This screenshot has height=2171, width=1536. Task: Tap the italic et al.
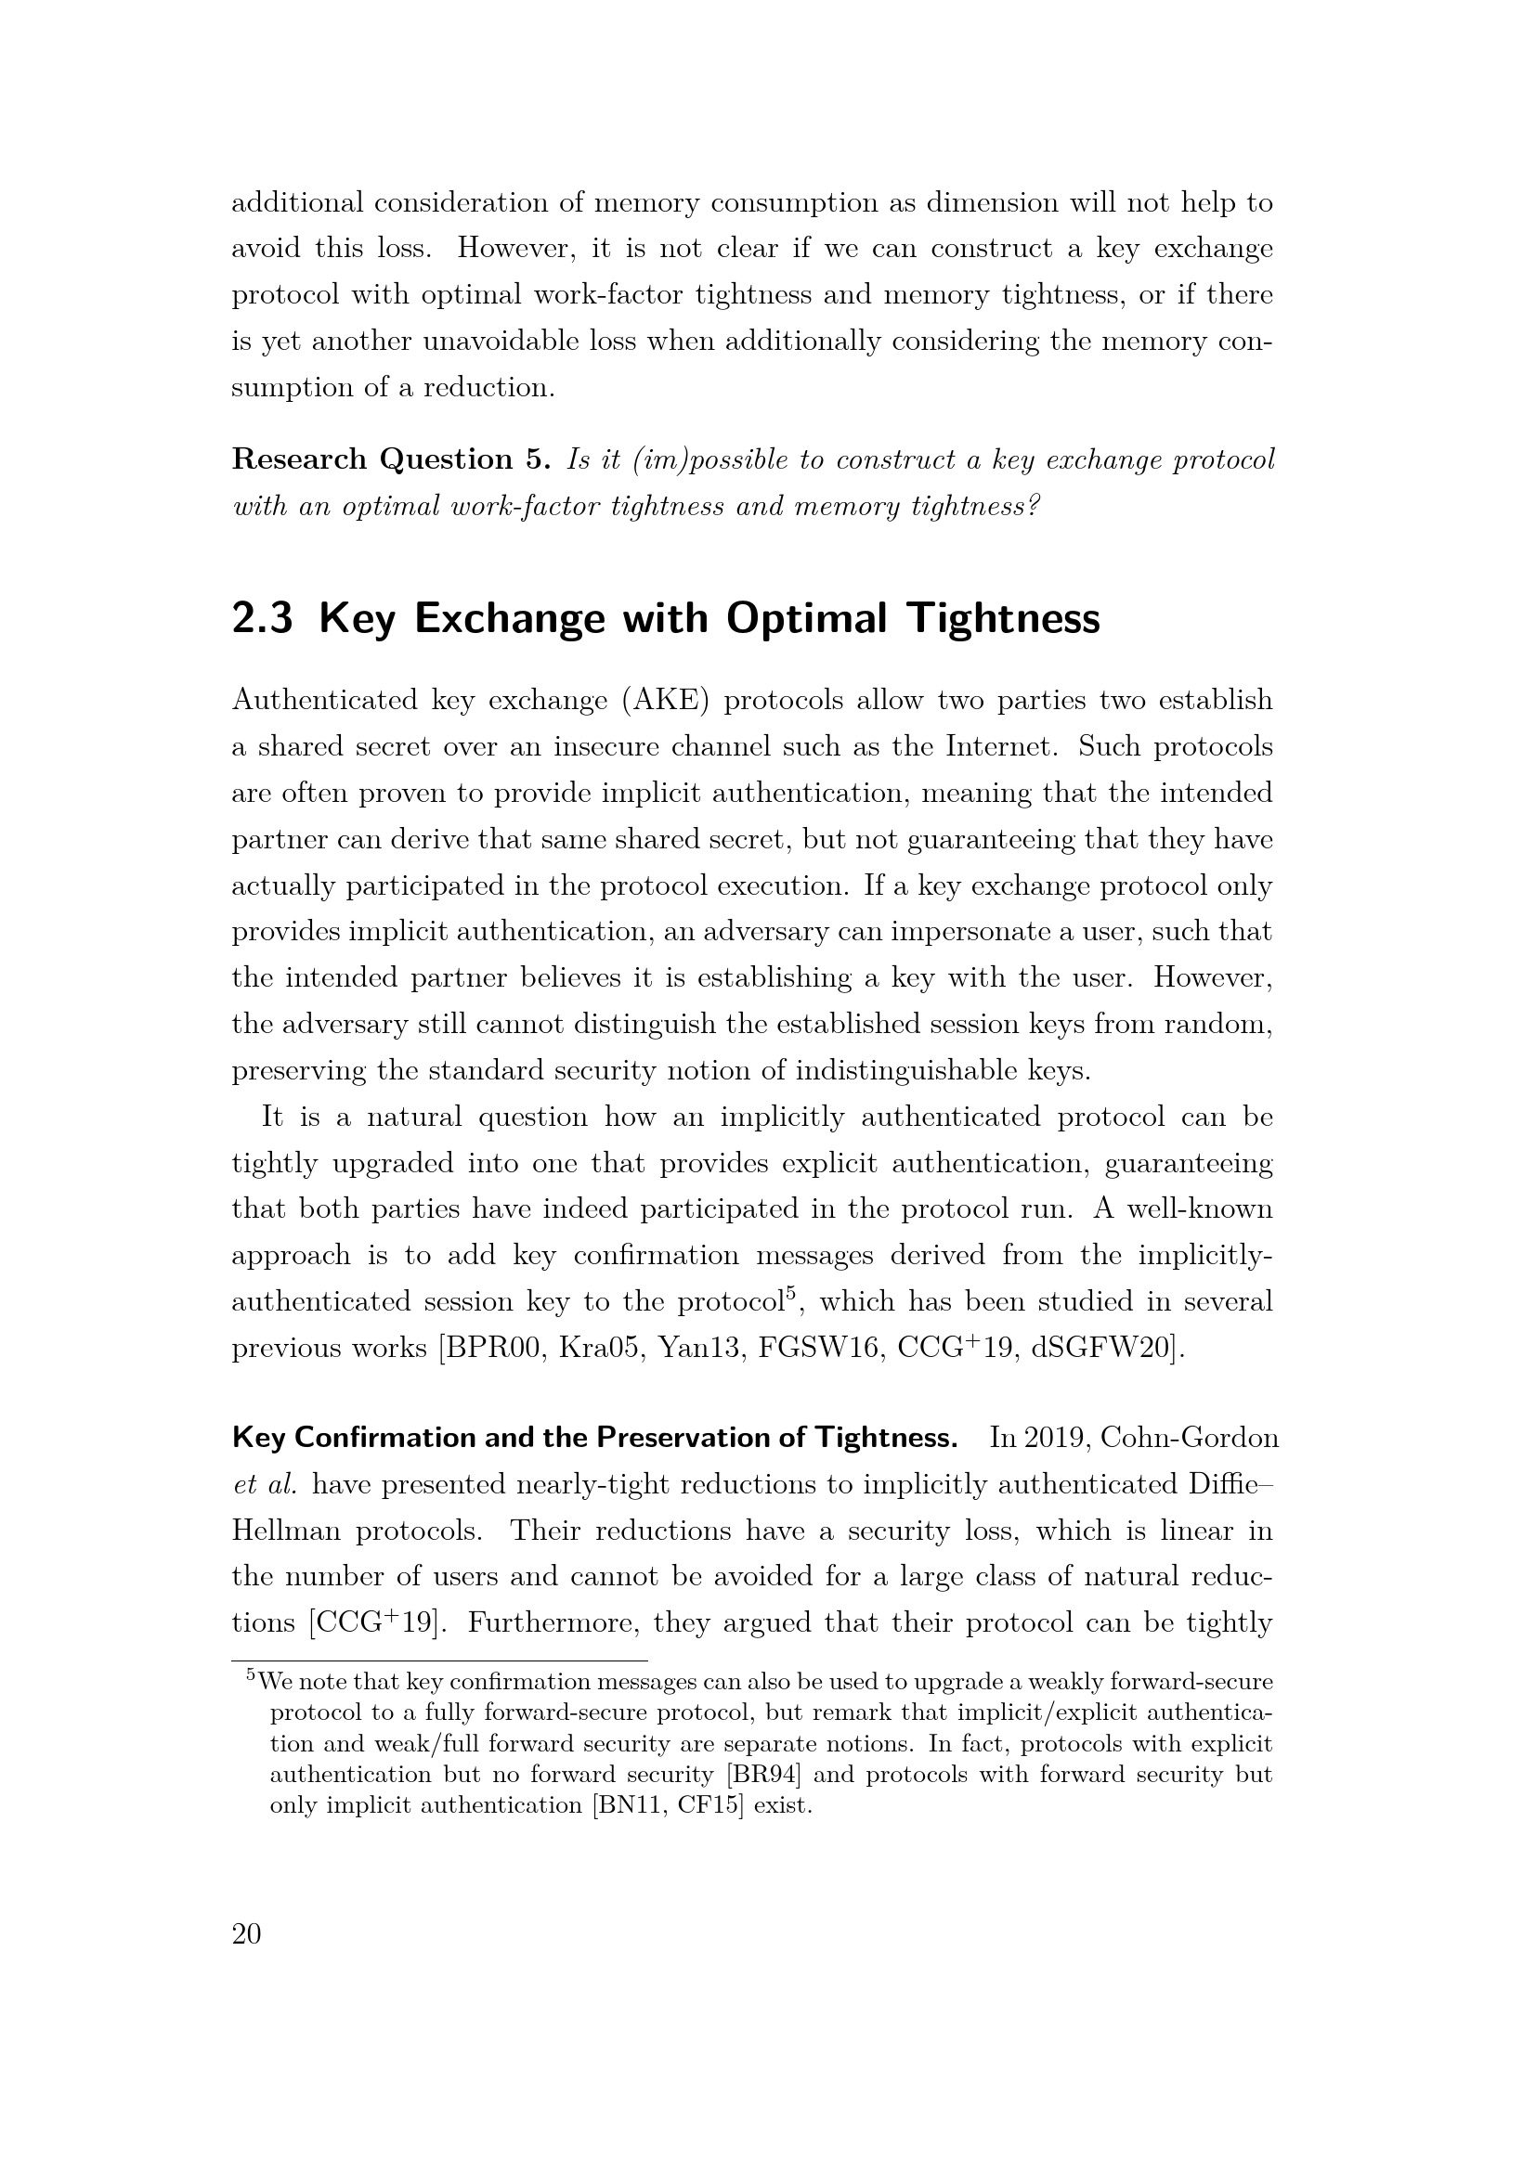click(x=265, y=1484)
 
